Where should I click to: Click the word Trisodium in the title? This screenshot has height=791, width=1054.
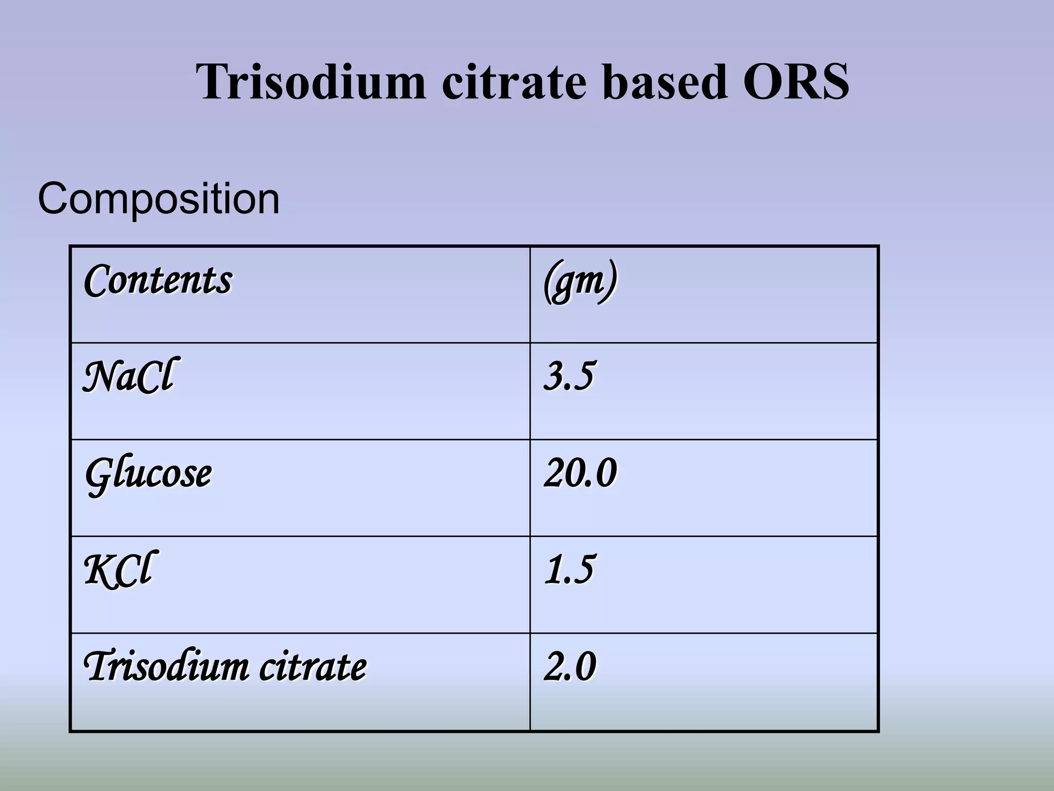click(311, 82)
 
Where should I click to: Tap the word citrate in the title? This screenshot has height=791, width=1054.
click(514, 82)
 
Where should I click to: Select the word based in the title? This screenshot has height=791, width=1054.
click(665, 82)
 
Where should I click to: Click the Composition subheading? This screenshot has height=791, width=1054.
click(159, 199)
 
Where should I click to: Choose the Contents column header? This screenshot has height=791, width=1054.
click(158, 281)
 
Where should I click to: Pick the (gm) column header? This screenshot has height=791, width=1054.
click(580, 282)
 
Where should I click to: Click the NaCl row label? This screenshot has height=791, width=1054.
click(130, 376)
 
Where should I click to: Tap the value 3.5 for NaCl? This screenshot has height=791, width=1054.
click(569, 376)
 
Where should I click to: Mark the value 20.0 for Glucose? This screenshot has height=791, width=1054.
click(580, 473)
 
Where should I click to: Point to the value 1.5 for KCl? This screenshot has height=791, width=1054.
click(569, 570)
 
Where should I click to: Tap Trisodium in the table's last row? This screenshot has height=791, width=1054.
click(166, 666)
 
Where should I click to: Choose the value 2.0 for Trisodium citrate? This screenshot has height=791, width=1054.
click(570, 666)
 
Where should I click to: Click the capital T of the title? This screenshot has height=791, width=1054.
click(212, 82)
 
